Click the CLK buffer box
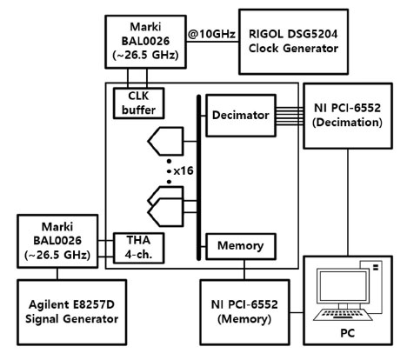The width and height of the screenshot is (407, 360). [x=138, y=103]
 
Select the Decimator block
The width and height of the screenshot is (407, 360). [x=241, y=115]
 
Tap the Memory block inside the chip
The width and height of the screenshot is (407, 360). [x=241, y=246]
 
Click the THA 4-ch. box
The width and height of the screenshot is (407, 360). [x=138, y=248]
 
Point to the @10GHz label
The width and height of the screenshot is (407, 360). [x=211, y=34]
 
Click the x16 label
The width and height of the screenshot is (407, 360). [x=183, y=170]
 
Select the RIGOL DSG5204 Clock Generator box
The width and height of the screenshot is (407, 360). [x=293, y=42]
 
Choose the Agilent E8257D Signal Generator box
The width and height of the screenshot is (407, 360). [x=71, y=312]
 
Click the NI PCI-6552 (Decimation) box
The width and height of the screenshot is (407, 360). [x=348, y=116]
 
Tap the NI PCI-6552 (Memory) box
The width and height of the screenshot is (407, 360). [x=244, y=312]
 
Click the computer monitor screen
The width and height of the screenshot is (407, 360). [x=342, y=286]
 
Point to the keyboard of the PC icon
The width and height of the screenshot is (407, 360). [x=343, y=315]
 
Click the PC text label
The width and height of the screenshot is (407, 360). [x=347, y=333]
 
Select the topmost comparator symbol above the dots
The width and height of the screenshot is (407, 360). [x=166, y=141]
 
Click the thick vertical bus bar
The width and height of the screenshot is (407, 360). [x=198, y=177]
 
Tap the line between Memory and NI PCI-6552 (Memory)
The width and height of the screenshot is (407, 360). [x=244, y=270]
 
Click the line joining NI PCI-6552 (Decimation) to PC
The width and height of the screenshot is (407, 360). [x=348, y=203]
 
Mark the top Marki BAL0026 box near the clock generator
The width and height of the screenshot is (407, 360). [x=145, y=42]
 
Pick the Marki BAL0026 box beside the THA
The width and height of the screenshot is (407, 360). [x=57, y=241]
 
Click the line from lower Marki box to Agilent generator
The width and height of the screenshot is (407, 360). [x=57, y=274]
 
